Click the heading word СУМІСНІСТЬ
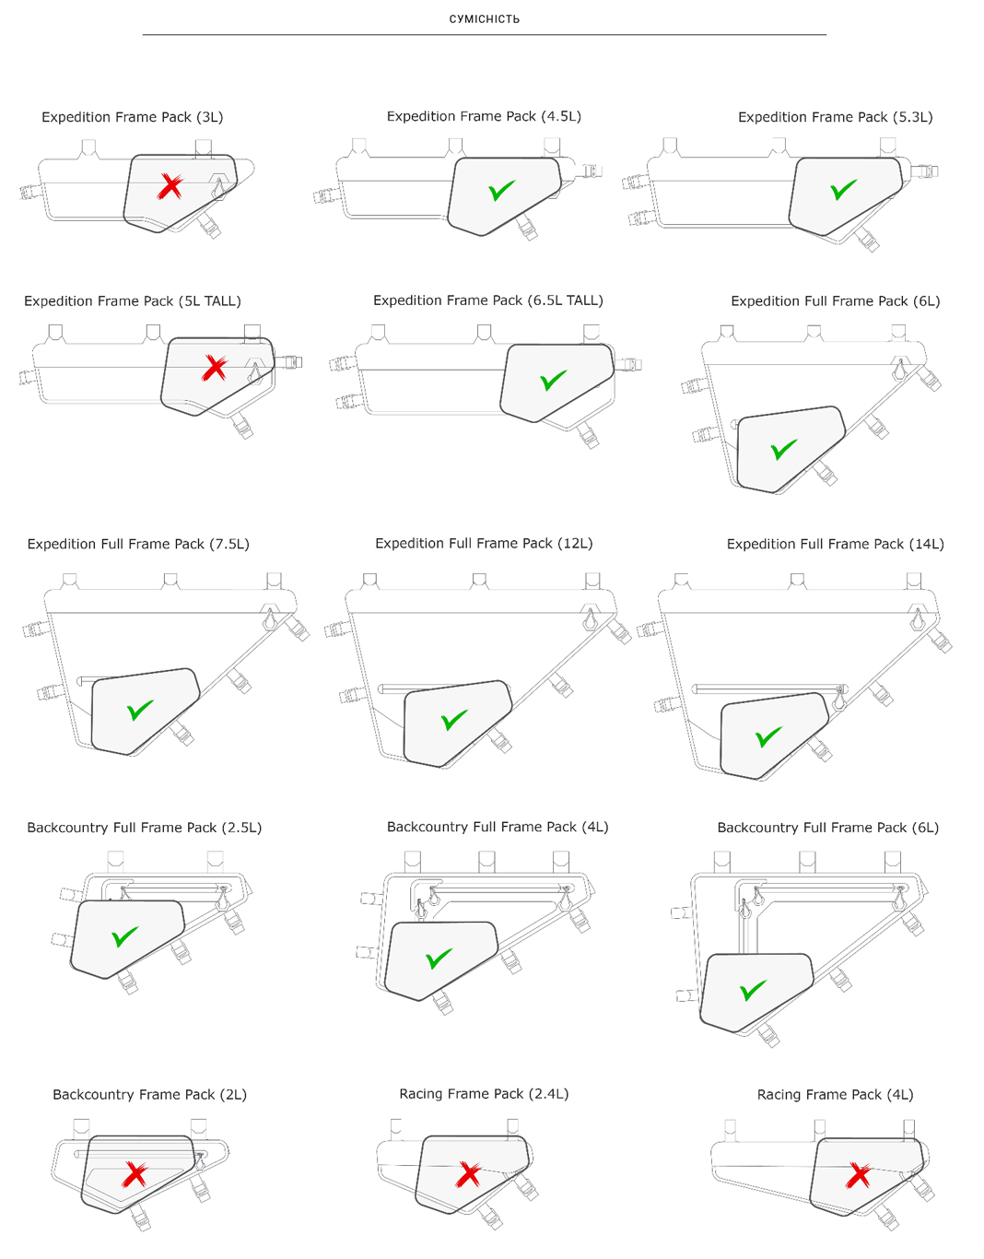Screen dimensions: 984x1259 pyautogui.click(x=485, y=19)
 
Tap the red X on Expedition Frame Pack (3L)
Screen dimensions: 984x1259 pyautogui.click(x=170, y=186)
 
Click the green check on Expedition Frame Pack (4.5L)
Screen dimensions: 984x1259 pyautogui.click(x=501, y=190)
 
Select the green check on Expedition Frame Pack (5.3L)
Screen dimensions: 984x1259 pyautogui.click(x=843, y=190)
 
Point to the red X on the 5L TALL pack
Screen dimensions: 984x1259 pyautogui.click(x=215, y=369)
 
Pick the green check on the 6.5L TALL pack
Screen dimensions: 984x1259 pyautogui.click(x=553, y=380)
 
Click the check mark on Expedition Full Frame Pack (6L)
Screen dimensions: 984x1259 pyautogui.click(x=784, y=450)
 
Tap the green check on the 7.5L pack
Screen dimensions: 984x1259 pyautogui.click(x=140, y=710)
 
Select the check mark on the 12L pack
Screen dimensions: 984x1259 pyautogui.click(x=454, y=720)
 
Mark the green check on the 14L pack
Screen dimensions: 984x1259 pyautogui.click(x=768, y=736)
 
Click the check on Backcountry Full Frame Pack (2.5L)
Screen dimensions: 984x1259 pyautogui.click(x=124, y=936)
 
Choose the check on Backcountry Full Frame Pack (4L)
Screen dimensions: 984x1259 pyautogui.click(x=439, y=959)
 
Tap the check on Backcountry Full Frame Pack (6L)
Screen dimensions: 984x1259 pyautogui.click(x=753, y=990)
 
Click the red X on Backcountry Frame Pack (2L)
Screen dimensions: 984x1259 pyautogui.click(x=135, y=1175)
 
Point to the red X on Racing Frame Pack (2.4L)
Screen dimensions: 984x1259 pyautogui.click(x=468, y=1175)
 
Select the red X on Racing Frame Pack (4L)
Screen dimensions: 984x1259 pyautogui.click(x=858, y=1175)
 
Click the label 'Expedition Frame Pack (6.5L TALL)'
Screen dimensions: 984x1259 pyautogui.click(x=488, y=300)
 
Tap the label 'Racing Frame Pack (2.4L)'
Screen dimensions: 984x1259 pyautogui.click(x=485, y=1094)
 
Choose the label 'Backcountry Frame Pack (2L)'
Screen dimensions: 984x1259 pyautogui.click(x=150, y=1095)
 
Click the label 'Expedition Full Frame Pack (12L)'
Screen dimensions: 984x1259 pyautogui.click(x=485, y=544)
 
